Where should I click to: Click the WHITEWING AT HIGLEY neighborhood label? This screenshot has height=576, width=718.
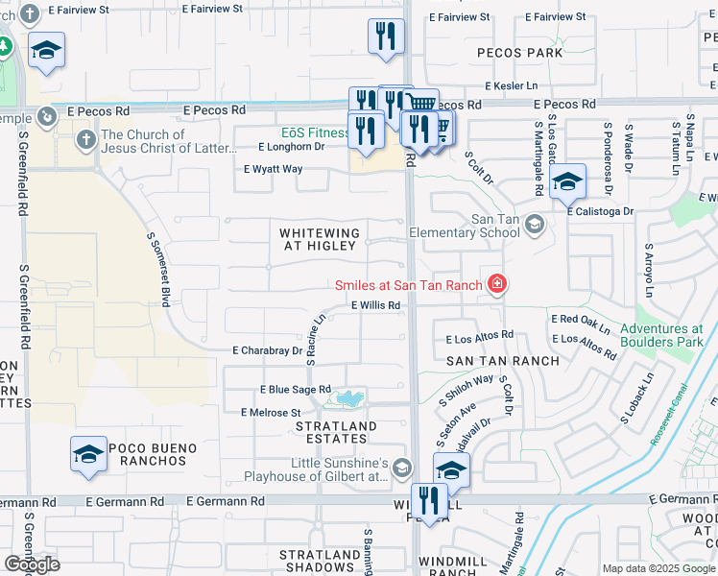tap(319, 239)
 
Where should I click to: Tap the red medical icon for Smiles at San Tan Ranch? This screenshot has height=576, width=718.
tap(496, 284)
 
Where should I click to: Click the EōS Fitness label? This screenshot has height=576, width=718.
tap(316, 132)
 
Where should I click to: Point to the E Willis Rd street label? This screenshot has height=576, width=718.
tap(375, 305)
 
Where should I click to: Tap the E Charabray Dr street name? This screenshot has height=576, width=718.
tap(267, 351)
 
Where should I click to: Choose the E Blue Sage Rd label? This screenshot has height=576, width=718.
tap(296, 390)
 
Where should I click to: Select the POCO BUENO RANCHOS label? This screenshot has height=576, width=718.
tap(152, 454)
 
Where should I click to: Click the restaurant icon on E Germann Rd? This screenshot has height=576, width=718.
tap(429, 500)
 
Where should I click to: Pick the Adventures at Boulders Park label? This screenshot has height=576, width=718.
tap(661, 335)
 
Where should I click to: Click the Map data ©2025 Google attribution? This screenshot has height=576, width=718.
tap(658, 568)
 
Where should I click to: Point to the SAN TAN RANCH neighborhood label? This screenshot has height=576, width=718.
tap(502, 361)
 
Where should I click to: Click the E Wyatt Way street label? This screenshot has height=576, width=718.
tap(273, 169)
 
